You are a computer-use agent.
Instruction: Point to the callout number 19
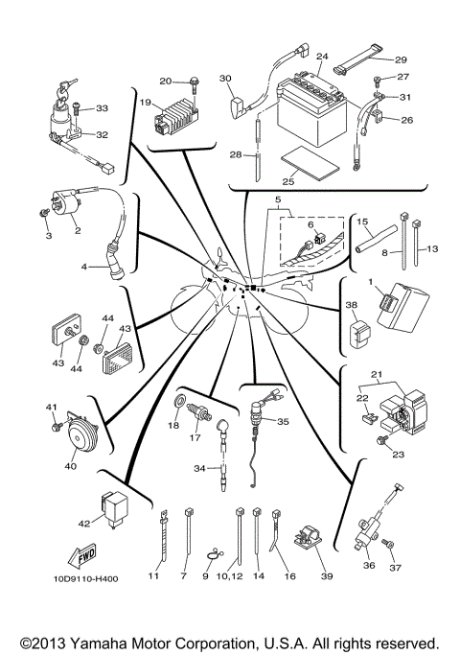pos(147,103)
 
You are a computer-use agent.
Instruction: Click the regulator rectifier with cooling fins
pos(178,116)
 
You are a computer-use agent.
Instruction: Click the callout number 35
pos(282,421)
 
